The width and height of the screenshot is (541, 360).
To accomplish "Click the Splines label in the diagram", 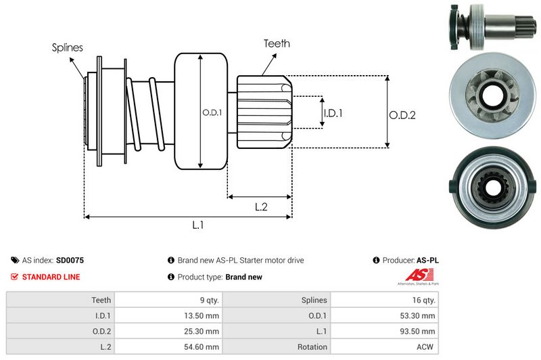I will click(68, 47).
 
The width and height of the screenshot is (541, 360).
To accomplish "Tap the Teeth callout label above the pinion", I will click(277, 43).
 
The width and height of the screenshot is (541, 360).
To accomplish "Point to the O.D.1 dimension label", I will click(212, 112).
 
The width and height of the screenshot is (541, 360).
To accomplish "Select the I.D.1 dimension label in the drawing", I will click(333, 113).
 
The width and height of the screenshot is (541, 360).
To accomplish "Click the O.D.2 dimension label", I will click(402, 115).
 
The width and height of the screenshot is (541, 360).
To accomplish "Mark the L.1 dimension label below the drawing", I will click(199, 226).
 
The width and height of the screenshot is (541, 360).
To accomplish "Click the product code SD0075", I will click(70, 260).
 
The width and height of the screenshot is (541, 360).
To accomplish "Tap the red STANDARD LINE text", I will click(51, 277).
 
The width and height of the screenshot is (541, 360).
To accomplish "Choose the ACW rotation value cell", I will click(425, 346).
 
